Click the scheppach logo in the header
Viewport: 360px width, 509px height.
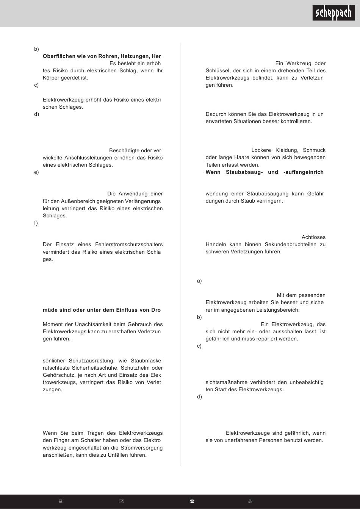click(x=334, y=13)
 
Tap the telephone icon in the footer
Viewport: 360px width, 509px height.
click(x=192, y=501)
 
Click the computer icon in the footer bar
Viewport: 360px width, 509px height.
click(x=60, y=501)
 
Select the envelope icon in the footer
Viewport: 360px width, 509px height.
click(x=122, y=501)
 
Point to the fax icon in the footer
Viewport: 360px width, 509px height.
click(x=250, y=501)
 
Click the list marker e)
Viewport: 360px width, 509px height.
click(x=36, y=172)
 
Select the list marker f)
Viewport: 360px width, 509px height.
click(x=36, y=223)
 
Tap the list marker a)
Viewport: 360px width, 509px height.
click(x=199, y=281)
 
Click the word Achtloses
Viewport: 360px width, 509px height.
click(x=313, y=237)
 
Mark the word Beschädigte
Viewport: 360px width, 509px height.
click(x=124, y=150)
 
